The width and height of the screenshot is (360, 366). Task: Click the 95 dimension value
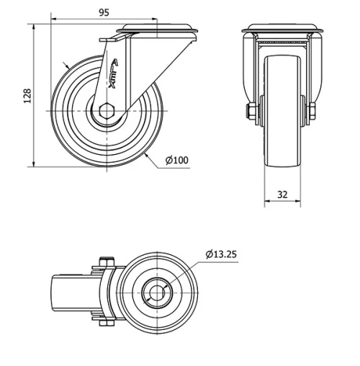click(x=104, y=12)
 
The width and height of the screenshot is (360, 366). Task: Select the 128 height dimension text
click(x=27, y=96)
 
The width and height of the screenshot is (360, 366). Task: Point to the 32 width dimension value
click(x=282, y=195)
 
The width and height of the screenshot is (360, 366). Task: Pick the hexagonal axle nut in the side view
click(x=107, y=111)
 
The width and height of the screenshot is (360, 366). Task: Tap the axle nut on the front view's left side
click(x=249, y=111)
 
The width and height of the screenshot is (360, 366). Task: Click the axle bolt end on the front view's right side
click(x=315, y=111)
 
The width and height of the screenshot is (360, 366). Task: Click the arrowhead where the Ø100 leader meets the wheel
click(x=145, y=153)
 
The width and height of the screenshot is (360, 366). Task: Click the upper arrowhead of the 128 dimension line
click(x=35, y=27)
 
